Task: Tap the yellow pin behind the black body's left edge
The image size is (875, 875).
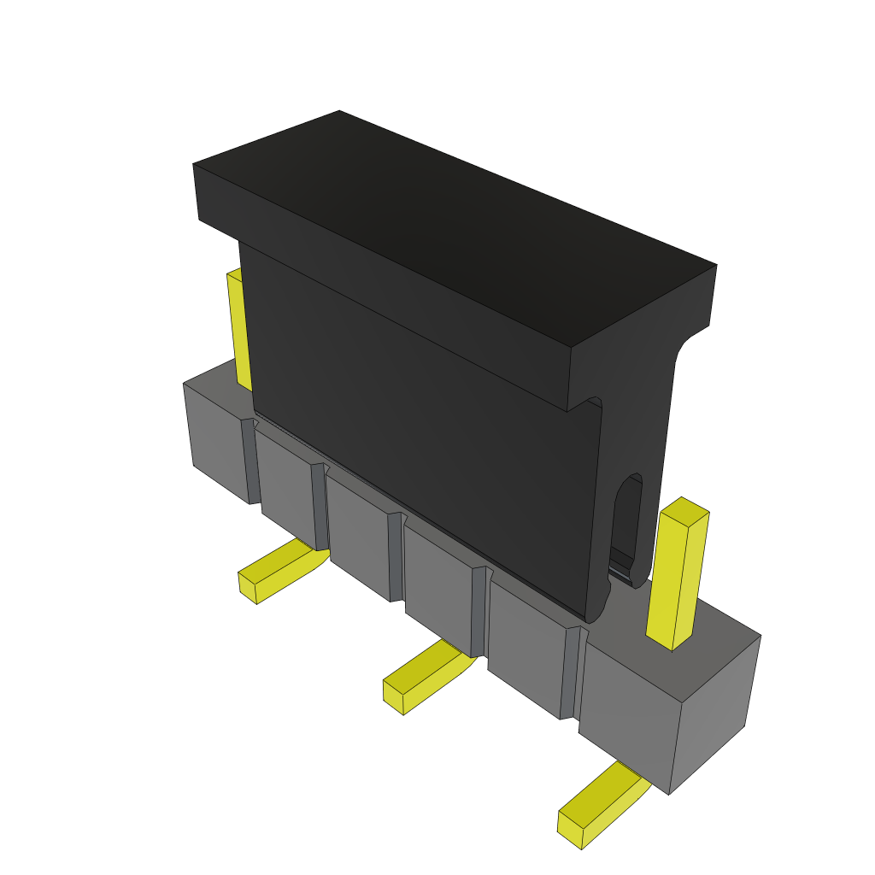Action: (x=239, y=329)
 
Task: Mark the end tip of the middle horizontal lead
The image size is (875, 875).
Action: (x=393, y=696)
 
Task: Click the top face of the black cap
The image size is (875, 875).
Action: (x=453, y=222)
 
